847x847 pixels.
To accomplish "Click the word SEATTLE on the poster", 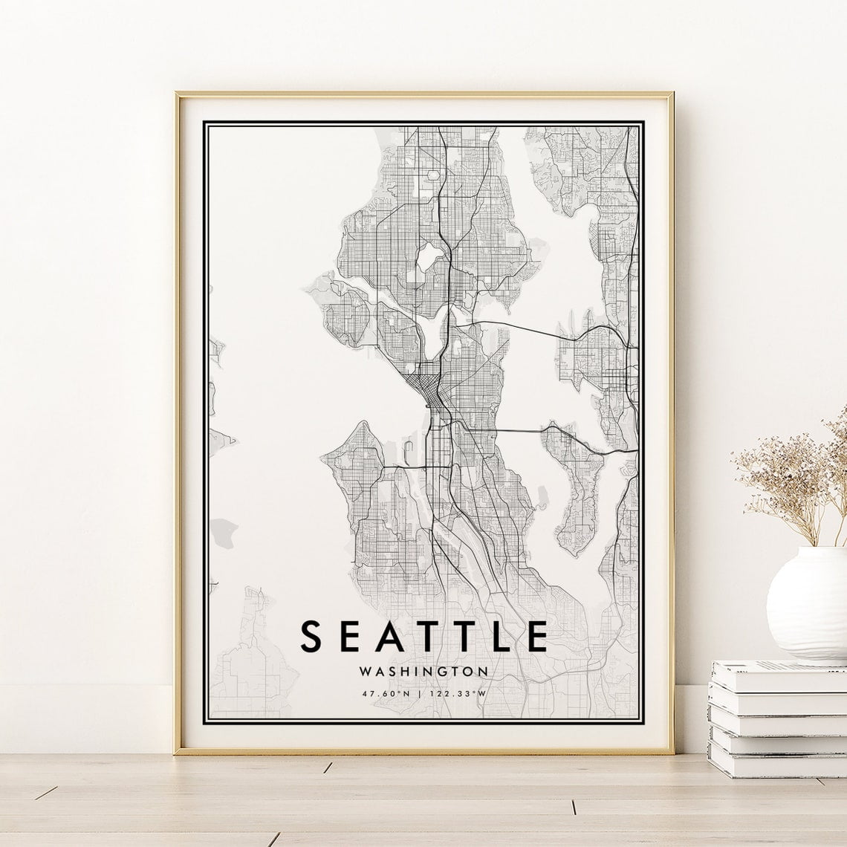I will pos(423,637).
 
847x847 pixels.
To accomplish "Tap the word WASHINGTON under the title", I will pos(423,671).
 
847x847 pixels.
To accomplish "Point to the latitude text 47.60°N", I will pos(386,694).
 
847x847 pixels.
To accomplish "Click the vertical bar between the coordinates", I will pos(423,694).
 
